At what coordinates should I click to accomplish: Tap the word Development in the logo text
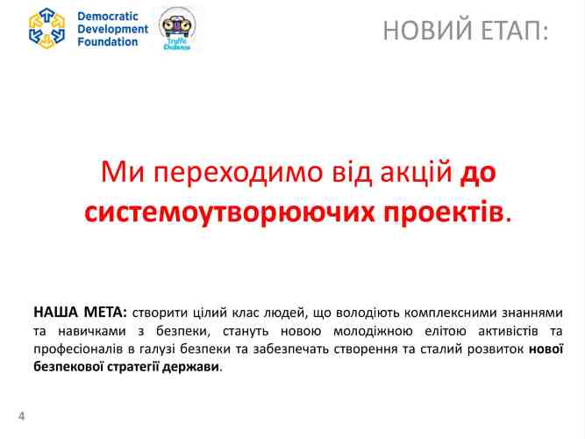113,29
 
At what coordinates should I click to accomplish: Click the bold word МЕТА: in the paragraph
105,313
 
